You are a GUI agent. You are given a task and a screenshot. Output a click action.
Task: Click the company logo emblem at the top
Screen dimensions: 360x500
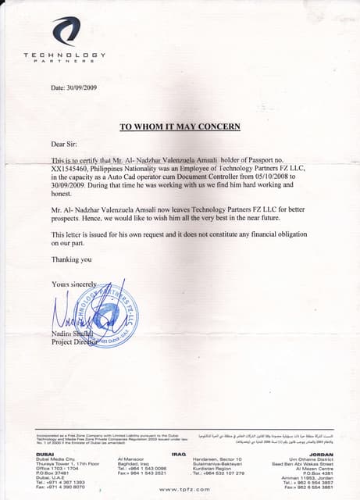[66, 31]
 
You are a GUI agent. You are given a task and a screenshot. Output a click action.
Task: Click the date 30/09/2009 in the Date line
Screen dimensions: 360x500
[84, 87]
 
